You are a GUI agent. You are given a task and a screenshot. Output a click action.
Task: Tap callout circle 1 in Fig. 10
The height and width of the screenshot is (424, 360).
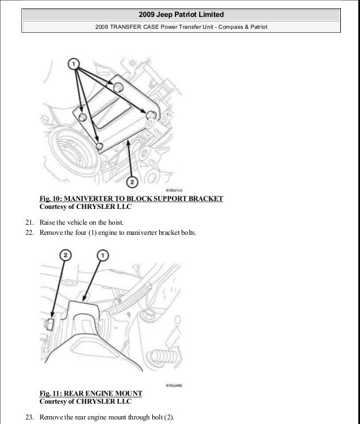click(x=73, y=65)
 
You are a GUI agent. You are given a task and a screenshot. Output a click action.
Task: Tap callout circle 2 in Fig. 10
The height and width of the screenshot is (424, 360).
click(x=131, y=181)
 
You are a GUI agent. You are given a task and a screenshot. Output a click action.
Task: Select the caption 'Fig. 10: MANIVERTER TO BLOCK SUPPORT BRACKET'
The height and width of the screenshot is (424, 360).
click(x=131, y=199)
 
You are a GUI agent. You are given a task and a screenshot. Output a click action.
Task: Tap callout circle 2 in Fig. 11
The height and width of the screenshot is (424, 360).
click(x=67, y=256)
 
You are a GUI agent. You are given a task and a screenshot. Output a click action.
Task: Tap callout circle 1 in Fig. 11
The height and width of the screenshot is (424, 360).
click(x=103, y=256)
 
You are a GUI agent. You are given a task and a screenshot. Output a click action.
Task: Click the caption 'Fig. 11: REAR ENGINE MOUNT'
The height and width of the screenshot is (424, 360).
click(x=91, y=393)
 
